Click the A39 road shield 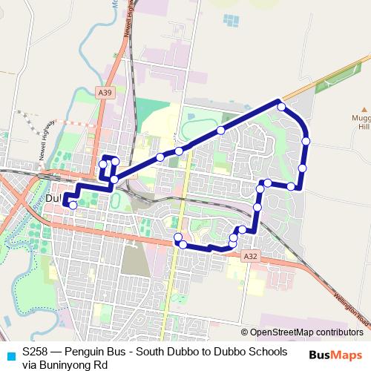click(105, 93)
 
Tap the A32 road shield click(252, 255)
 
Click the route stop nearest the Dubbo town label click(72, 204)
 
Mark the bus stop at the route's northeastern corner click(281, 108)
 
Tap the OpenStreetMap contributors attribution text click(306, 332)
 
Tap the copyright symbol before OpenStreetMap click(245, 332)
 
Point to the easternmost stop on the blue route click(306, 140)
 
